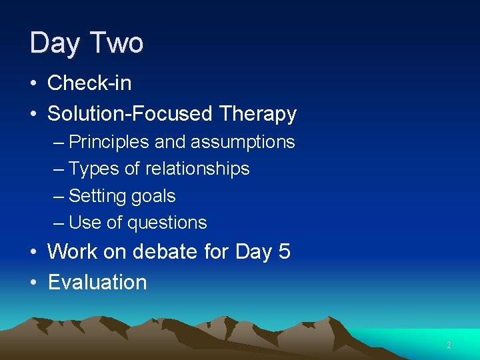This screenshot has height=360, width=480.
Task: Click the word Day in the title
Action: click(53, 44)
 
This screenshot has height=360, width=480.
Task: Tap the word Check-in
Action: click(89, 83)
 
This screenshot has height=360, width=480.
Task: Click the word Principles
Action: click(109, 142)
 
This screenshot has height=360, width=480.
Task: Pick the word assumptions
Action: click(243, 142)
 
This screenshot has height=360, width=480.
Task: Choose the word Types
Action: click(94, 169)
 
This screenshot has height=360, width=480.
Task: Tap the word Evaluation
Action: click(97, 282)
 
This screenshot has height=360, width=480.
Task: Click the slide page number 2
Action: click(449, 345)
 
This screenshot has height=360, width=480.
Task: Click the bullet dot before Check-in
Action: click(33, 84)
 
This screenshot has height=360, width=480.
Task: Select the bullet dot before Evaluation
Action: click(33, 283)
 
